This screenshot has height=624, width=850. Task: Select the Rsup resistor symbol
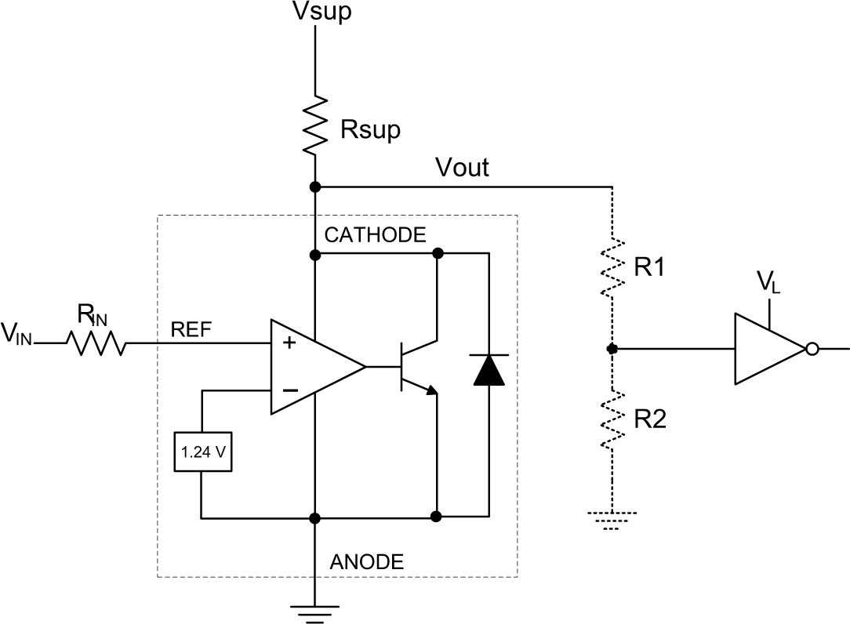point(314,124)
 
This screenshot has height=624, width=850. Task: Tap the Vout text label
point(462,167)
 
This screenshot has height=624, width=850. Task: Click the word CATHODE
point(376,235)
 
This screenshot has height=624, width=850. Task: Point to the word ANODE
point(367,561)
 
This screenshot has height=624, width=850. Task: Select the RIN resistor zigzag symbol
point(95,343)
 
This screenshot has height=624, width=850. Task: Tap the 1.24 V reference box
point(203,452)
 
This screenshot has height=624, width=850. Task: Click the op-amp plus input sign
point(289,343)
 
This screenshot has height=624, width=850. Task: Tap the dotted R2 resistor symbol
point(611,421)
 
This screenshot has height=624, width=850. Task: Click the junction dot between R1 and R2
point(611,348)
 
